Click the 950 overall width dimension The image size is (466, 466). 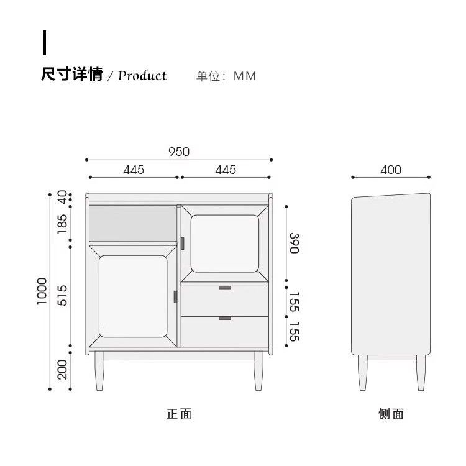click(x=179, y=152)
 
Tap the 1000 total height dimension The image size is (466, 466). click(x=42, y=291)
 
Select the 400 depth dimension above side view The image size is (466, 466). click(x=391, y=170)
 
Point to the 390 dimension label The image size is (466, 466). click(x=295, y=243)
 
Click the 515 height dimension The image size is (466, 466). click(x=62, y=295)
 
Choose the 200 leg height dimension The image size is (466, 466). click(x=62, y=370)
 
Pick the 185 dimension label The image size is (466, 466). click(x=62, y=224)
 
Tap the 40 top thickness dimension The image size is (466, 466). click(x=62, y=197)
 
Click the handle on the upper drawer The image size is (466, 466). click(x=225, y=288)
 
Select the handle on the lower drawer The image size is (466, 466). click(x=225, y=318)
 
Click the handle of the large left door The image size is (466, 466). click(x=175, y=297)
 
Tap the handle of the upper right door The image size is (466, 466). click(x=183, y=244)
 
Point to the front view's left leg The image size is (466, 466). click(x=99, y=371)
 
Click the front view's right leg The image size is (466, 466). click(x=258, y=371)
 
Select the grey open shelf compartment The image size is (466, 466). click(x=133, y=223)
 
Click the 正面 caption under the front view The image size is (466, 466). click(x=179, y=414)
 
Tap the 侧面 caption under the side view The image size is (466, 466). click(x=391, y=414)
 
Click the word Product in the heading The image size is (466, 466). click(x=142, y=76)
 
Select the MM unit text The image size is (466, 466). click(x=245, y=76)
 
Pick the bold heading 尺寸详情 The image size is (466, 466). click(x=72, y=74)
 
